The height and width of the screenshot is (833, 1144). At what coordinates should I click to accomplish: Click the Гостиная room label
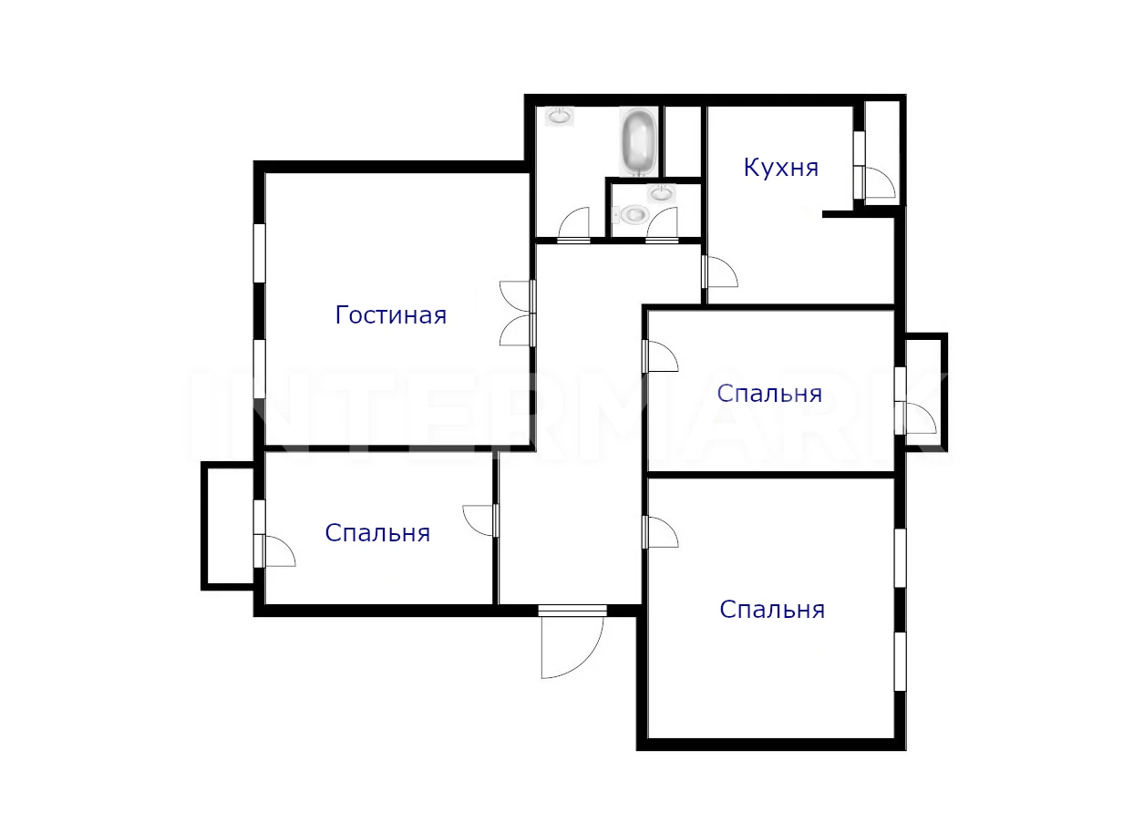coord(391,315)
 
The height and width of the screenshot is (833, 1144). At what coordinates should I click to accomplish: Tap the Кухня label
coord(781,168)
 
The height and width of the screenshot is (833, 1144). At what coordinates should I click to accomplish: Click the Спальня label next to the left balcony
coord(377,533)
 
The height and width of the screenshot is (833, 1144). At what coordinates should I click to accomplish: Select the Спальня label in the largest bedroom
coord(772,610)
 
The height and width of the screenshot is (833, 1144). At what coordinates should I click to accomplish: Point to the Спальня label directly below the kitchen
coord(769,394)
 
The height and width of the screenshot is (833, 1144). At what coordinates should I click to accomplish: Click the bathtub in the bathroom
coord(638,141)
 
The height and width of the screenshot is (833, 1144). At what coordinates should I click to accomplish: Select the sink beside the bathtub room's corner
coord(559,117)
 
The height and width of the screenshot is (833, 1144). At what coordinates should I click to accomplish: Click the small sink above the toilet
coord(662,193)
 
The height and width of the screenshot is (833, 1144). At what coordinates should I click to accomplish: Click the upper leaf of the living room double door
coord(517,297)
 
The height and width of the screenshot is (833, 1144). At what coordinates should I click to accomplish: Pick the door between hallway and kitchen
coord(720,272)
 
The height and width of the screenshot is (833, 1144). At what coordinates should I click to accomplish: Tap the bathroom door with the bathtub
coord(573,222)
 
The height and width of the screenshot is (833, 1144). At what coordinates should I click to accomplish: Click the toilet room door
coord(663,222)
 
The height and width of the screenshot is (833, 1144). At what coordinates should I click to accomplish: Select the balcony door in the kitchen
coord(878,182)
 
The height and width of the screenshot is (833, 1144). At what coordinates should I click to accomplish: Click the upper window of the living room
coord(260,252)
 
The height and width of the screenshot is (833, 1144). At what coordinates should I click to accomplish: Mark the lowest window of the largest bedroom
coord(900,662)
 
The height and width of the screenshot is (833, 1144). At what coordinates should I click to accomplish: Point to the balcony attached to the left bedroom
coord(228,526)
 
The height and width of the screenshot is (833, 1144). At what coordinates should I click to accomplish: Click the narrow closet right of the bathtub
coord(683,141)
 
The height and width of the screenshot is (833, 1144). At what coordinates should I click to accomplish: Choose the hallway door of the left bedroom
coord(481,520)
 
